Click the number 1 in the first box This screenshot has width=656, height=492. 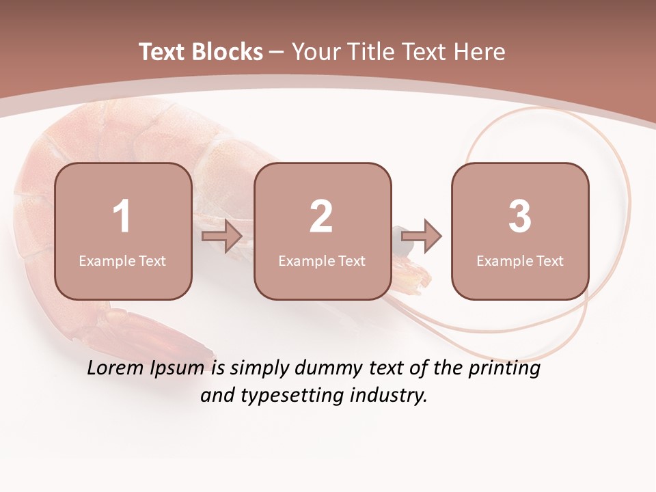click(x=122, y=217)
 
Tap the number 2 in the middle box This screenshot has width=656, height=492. click(x=321, y=217)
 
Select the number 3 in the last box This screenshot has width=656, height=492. click(x=520, y=217)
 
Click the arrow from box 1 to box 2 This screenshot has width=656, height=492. click(x=222, y=237)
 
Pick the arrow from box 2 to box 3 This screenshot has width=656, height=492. click(x=421, y=237)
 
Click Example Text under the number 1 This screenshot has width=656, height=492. click(x=122, y=260)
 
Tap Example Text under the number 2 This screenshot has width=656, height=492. click(x=322, y=260)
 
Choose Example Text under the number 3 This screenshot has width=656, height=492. click(x=520, y=260)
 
